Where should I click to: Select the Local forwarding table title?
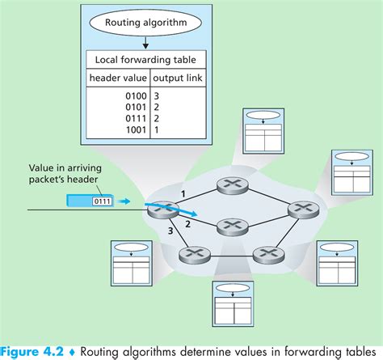click(x=145, y=60)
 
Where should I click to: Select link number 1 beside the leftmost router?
click(x=183, y=194)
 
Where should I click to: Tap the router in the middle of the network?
click(x=231, y=225)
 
